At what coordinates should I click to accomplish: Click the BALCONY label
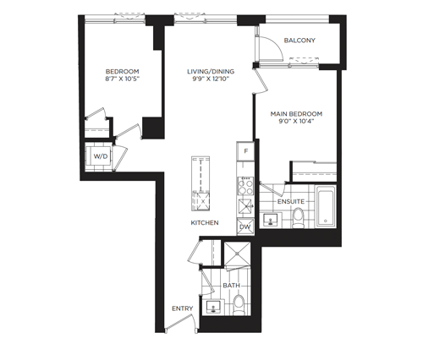(299, 41)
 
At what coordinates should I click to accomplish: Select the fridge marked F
(245, 151)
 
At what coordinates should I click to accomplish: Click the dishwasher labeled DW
(245, 226)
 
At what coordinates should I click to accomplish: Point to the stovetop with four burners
(245, 186)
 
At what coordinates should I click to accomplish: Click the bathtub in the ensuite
(326, 208)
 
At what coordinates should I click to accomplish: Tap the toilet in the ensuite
(298, 217)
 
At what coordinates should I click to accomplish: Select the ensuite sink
(271, 220)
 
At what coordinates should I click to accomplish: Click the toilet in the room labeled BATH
(239, 305)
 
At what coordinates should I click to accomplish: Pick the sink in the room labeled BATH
(213, 307)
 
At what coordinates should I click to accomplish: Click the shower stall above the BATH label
(237, 254)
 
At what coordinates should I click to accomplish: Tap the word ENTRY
(183, 308)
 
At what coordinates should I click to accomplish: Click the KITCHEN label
(205, 223)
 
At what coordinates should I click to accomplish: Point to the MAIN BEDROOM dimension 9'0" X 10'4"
(296, 122)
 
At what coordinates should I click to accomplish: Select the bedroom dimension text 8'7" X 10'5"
(123, 79)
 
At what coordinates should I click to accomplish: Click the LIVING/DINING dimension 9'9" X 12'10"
(211, 79)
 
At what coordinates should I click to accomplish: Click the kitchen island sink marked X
(203, 201)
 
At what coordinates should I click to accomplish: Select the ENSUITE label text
(291, 202)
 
